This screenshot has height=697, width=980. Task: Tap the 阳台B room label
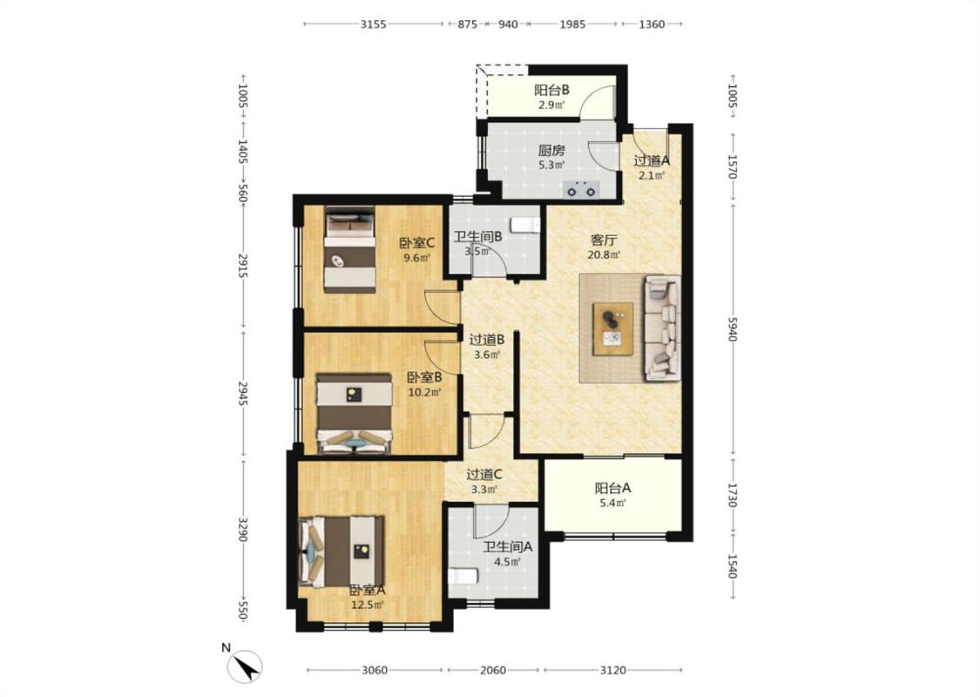(551, 90)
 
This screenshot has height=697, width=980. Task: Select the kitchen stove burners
(581, 189)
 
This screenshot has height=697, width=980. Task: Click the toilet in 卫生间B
(525, 224)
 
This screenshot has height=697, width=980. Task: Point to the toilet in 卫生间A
(463, 575)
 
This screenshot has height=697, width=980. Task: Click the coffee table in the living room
(613, 328)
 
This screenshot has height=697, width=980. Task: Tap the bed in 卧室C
(349, 249)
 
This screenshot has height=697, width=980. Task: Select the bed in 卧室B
(354, 413)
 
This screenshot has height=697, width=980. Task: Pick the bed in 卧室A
(341, 552)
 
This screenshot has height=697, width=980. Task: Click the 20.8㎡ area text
(604, 254)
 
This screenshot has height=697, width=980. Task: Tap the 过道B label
(487, 340)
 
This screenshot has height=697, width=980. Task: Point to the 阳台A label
(612, 488)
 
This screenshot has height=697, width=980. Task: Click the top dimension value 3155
(373, 24)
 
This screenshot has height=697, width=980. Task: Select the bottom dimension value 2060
(492, 670)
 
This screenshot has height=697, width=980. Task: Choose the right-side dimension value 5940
(733, 328)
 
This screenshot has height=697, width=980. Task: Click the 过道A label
(652, 160)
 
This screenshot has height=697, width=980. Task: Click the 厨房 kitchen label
(551, 150)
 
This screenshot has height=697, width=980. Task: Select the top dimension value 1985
(572, 24)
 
